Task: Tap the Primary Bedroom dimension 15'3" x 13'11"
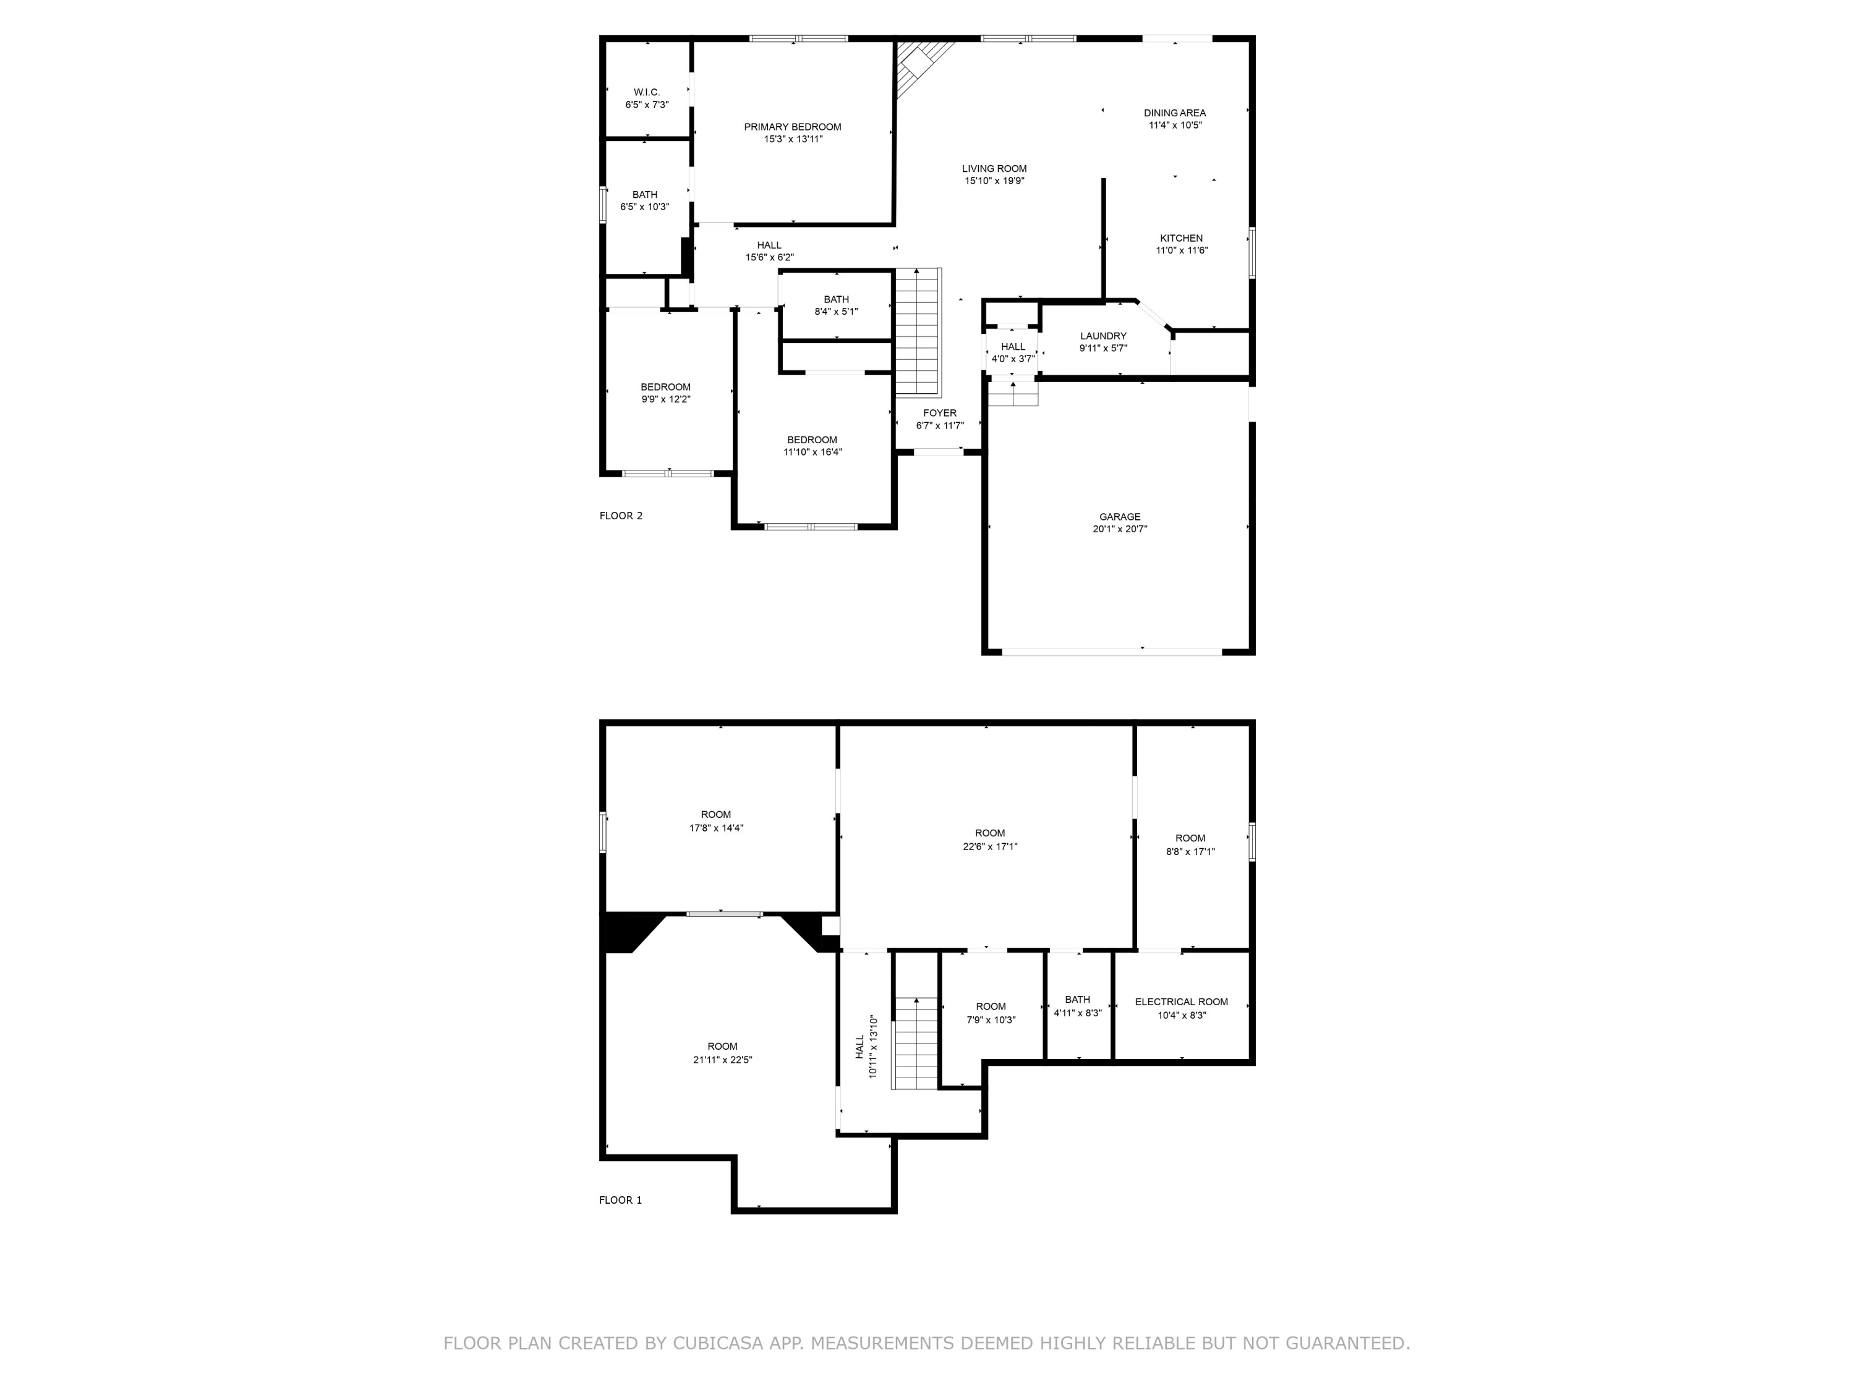(x=793, y=140)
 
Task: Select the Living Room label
(x=994, y=169)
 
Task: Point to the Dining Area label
(x=1174, y=113)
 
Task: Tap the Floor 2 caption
(x=621, y=516)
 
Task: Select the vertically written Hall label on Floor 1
(x=859, y=1047)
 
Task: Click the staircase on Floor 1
(x=915, y=1044)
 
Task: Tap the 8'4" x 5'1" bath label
(x=835, y=299)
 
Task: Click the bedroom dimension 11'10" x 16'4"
(x=812, y=453)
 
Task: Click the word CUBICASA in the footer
(x=717, y=1343)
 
